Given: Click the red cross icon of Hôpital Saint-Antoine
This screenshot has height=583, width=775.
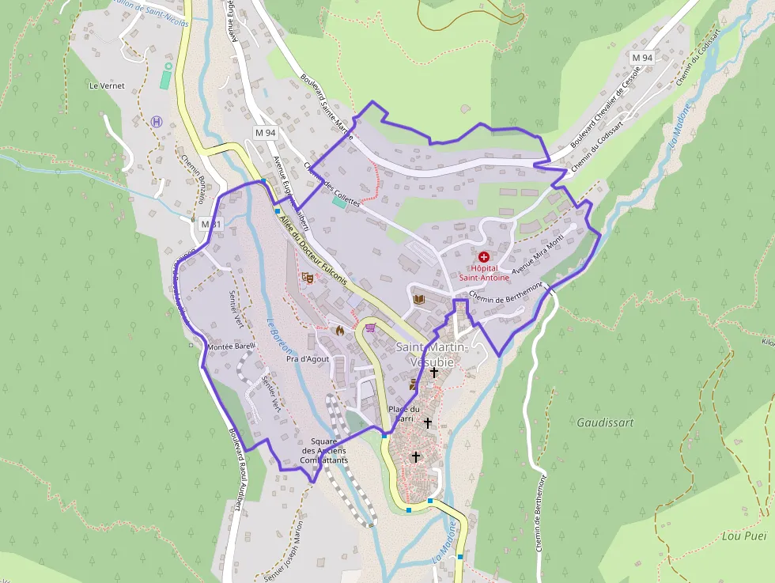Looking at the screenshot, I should pos(483,257).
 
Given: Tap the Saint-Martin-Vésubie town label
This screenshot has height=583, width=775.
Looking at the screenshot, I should pos(432,354).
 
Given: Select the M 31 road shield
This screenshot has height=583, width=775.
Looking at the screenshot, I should pos(210,224).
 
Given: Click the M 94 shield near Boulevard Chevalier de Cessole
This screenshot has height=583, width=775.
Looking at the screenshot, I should pos(642,58).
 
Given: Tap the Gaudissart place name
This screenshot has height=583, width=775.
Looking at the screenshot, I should pos(605,422).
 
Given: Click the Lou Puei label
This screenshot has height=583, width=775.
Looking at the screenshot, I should pos(744,536).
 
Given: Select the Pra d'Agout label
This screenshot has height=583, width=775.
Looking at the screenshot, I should pos(307,359).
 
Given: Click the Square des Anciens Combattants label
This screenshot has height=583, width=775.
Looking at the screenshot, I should pos(324,450).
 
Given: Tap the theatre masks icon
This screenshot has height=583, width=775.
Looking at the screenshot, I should pos(308,278).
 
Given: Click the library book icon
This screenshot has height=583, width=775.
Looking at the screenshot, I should pos(418,299).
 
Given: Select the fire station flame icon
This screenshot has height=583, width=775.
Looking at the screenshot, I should pos(340,330).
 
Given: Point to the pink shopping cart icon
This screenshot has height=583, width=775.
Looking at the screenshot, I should pos(369,327).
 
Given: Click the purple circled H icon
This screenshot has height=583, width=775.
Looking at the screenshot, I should pos(157,121).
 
